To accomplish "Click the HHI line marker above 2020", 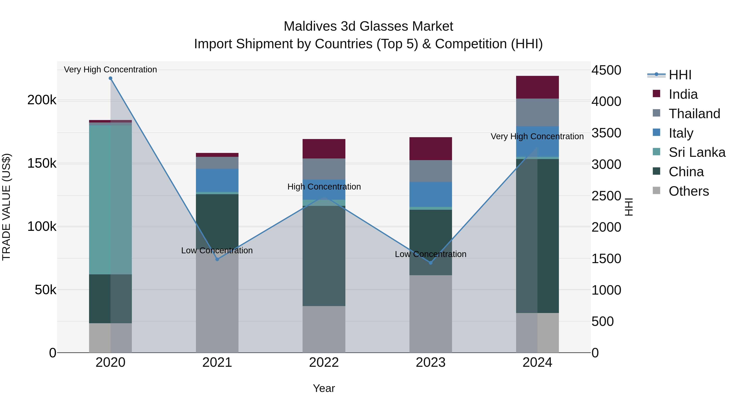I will click(x=110, y=78).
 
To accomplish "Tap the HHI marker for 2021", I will click(x=217, y=259).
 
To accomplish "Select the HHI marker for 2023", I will click(x=431, y=263).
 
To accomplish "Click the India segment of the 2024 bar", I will click(x=537, y=87).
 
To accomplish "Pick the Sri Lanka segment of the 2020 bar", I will click(x=110, y=200).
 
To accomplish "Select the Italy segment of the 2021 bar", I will click(x=217, y=180).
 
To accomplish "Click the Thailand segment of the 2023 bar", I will click(x=431, y=171).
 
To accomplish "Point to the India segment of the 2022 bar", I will click(x=324, y=149).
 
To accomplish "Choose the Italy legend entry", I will click(x=681, y=133).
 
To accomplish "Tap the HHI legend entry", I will click(x=679, y=75).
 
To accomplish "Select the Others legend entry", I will click(x=688, y=191).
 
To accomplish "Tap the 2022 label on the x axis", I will click(x=324, y=362).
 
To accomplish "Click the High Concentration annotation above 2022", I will click(x=324, y=187).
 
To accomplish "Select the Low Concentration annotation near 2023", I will click(x=431, y=254).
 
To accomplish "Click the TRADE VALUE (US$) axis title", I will click(x=6, y=207).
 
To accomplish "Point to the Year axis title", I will click(x=324, y=388).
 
